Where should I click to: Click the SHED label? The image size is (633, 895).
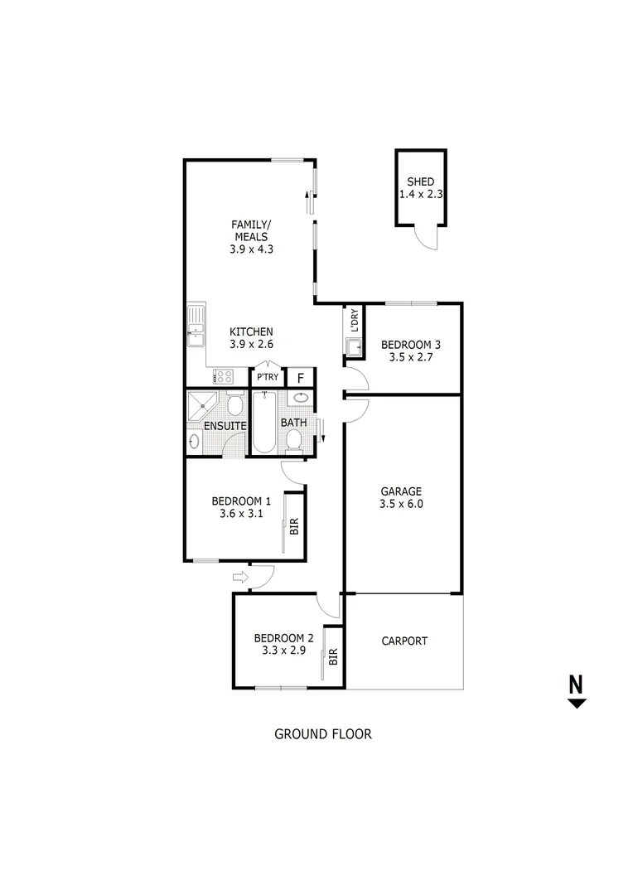click(x=420, y=182)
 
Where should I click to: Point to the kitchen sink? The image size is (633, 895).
click(x=196, y=325)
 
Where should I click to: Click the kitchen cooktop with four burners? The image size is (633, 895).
click(x=223, y=376)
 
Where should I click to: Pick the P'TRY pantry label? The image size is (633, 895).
click(x=268, y=378)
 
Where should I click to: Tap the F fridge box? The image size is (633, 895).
click(x=301, y=378)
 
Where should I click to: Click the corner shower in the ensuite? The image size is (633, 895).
click(x=202, y=405)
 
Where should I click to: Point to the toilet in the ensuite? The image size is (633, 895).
click(x=234, y=405)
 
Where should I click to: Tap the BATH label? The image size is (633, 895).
click(x=293, y=423)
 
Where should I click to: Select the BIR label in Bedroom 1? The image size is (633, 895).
click(x=294, y=525)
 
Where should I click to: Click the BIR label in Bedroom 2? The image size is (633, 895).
click(x=334, y=658)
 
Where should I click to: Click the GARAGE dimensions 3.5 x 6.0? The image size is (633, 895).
click(x=401, y=503)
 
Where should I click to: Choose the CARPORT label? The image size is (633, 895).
click(x=404, y=641)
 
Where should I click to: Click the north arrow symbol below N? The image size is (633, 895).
click(x=577, y=704)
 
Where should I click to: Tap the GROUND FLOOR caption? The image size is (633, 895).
click(x=322, y=733)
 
